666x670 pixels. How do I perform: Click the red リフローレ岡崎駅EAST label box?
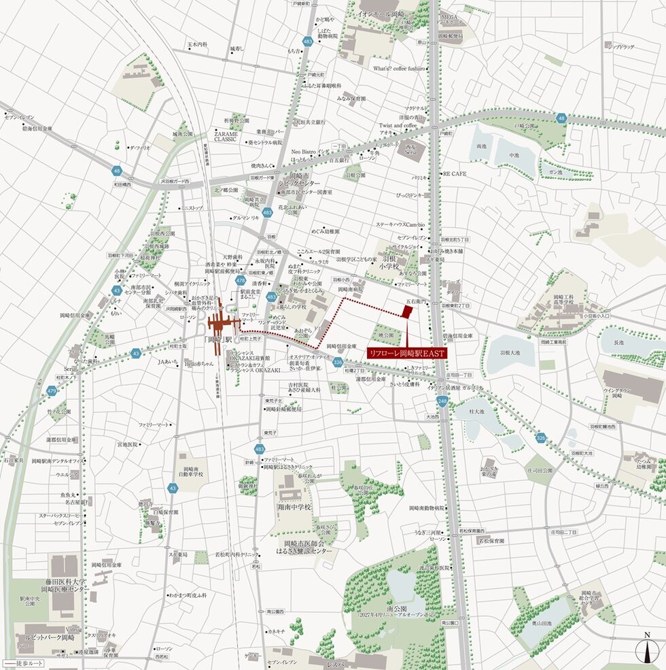(406, 354)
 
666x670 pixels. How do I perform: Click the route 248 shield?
(442, 402)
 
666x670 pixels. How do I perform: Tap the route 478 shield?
(241, 280)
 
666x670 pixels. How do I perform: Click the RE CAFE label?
(455, 174)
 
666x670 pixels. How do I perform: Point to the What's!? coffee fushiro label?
(399, 69)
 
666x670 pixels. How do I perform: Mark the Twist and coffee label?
(398, 126)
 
